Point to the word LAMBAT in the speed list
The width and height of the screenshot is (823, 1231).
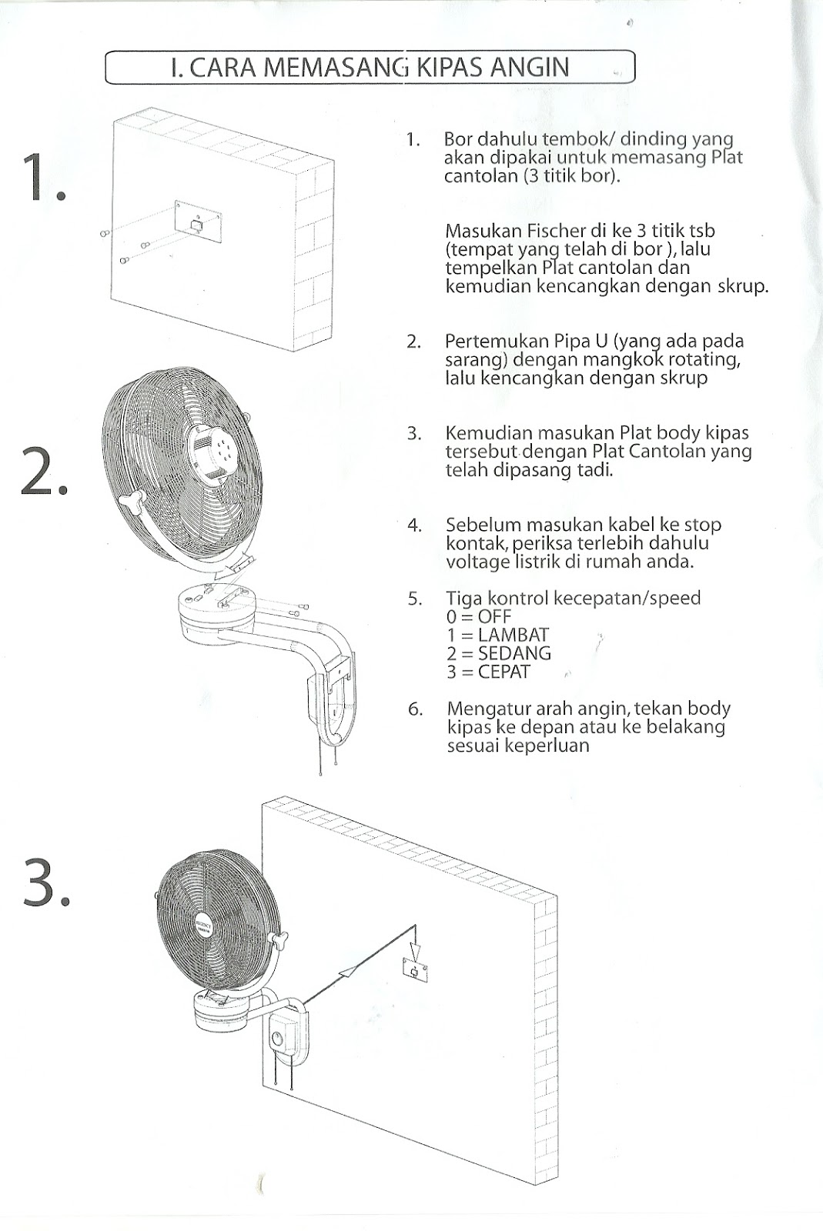(514, 635)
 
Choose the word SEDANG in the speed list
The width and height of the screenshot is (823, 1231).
(514, 653)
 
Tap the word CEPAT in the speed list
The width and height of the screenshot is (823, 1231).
(504, 672)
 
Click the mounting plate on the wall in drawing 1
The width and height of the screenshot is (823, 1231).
(198, 223)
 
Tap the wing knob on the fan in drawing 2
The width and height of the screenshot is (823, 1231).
(132, 501)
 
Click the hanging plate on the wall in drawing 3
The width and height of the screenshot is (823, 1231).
(415, 971)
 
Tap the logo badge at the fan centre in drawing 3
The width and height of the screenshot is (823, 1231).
(203, 923)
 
